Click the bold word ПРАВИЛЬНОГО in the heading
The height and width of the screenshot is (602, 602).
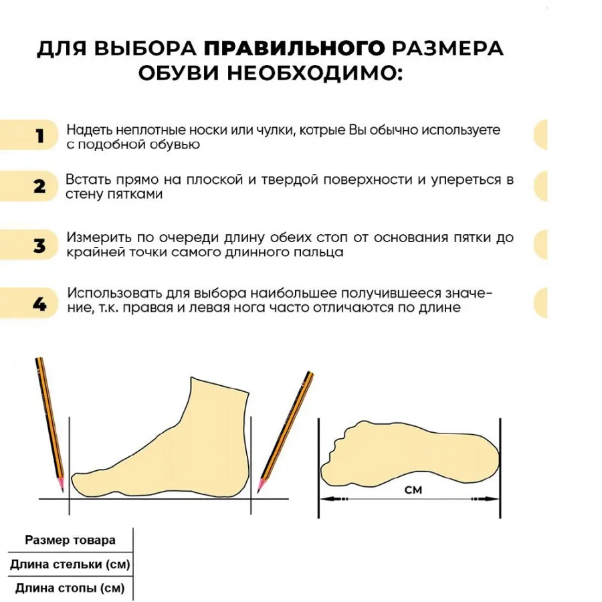(x=294, y=49)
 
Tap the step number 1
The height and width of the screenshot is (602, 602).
(x=40, y=136)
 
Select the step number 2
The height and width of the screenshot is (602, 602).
(x=40, y=187)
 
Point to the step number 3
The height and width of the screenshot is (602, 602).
(x=40, y=245)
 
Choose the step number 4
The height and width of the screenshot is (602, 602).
(x=40, y=304)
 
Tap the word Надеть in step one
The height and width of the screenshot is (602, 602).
(x=88, y=130)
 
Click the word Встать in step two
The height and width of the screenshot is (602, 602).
(x=87, y=181)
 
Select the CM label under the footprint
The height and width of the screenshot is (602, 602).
(x=413, y=490)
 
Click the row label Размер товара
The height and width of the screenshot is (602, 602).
(x=70, y=540)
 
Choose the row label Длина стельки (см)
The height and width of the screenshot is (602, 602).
(x=70, y=565)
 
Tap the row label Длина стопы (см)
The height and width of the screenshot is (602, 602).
(x=70, y=589)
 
